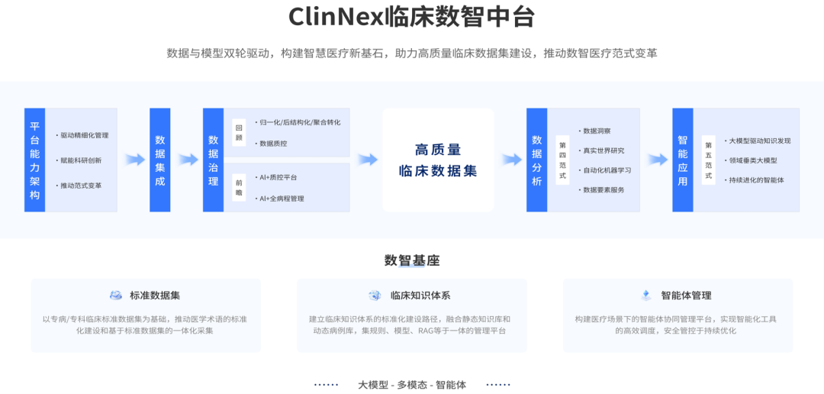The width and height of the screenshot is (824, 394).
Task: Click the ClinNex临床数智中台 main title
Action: [x=412, y=17]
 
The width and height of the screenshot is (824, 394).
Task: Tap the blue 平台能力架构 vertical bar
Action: [x=35, y=160]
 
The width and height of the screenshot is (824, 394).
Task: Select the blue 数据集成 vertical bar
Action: [x=159, y=160]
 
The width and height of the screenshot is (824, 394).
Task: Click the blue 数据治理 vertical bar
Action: [x=213, y=160]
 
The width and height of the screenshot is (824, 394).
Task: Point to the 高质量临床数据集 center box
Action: [x=438, y=160]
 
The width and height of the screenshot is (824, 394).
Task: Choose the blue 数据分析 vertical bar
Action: [x=537, y=160]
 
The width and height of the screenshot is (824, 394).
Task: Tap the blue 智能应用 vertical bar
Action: [x=683, y=160]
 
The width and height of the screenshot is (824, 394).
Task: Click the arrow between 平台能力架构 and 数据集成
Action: [x=135, y=160]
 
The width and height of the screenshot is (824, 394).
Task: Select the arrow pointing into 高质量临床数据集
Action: [x=368, y=160]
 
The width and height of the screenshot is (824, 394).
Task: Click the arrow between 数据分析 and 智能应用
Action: [x=658, y=160]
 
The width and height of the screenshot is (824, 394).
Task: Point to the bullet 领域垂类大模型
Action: [x=752, y=160]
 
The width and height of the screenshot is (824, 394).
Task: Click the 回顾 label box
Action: [x=239, y=131]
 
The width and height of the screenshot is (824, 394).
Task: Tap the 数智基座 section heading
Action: [x=412, y=260]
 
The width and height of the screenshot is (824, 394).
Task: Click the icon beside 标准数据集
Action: [x=116, y=295]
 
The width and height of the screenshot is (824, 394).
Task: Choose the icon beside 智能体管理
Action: [x=646, y=295]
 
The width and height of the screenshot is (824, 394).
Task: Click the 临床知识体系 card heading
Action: [x=420, y=295]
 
